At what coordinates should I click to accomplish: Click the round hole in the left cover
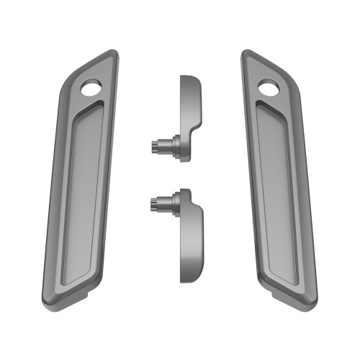(x=91, y=89)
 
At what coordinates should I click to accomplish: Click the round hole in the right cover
(x=268, y=89)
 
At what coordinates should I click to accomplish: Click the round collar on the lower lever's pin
(x=174, y=205)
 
